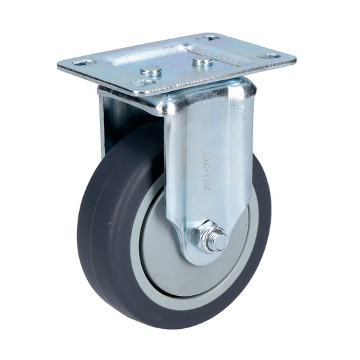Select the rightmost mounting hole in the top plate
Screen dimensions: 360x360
(273, 56)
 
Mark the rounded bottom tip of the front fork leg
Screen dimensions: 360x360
(196, 257)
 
